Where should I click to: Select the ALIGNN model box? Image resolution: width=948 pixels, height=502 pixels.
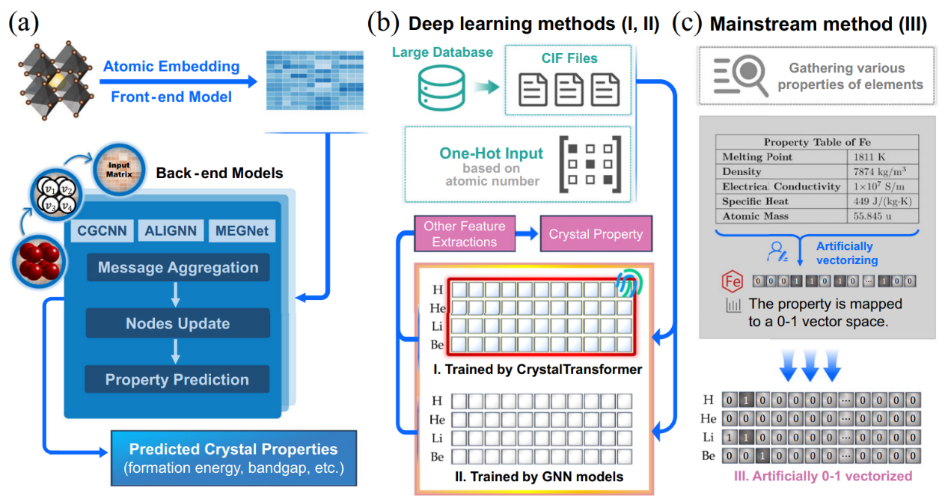(x=170, y=231)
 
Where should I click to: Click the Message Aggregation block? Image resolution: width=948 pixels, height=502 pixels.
(x=178, y=268)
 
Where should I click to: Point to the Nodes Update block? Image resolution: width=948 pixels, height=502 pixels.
(x=177, y=324)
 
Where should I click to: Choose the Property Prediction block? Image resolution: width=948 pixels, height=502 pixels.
(x=177, y=379)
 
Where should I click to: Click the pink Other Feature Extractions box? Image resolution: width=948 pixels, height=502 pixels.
(x=464, y=233)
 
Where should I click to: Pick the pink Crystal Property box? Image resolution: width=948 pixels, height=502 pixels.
(x=596, y=234)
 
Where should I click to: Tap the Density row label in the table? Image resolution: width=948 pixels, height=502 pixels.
(x=742, y=172)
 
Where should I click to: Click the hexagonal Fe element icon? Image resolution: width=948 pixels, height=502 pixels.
(x=731, y=282)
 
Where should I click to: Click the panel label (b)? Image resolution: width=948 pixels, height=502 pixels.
(x=382, y=24)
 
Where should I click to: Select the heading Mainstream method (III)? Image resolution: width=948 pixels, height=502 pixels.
(x=818, y=25)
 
